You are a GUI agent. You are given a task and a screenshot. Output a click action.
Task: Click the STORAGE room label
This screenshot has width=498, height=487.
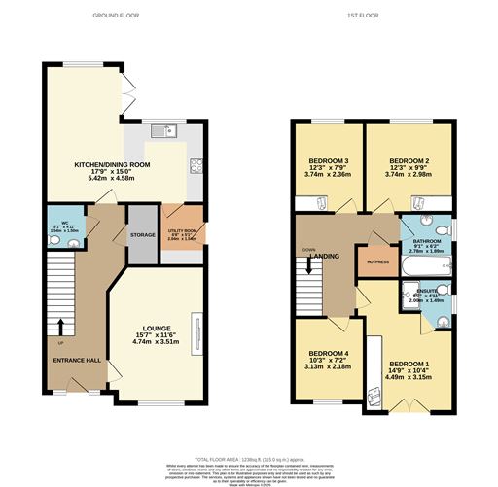(x=142, y=235)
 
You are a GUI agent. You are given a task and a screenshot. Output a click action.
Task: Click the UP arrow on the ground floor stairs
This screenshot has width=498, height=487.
(x=60, y=327)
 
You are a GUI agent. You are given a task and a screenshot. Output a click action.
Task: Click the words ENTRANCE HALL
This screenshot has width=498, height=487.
(x=77, y=361)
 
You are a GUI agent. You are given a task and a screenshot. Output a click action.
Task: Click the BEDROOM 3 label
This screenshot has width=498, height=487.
(x=328, y=159)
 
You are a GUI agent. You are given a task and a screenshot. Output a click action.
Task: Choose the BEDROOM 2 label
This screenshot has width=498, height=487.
(x=409, y=159)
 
